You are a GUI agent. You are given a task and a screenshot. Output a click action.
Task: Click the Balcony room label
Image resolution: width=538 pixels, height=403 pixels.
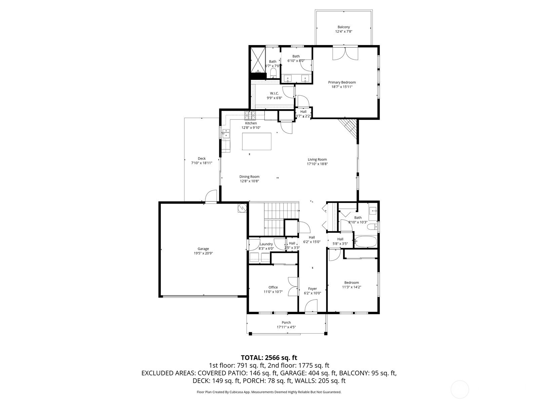click(x=344, y=27)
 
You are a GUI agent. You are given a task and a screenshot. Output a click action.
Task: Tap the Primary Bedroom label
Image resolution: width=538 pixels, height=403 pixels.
click(x=342, y=82)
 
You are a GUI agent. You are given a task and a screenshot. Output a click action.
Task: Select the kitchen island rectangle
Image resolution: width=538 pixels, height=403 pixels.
click(x=257, y=141)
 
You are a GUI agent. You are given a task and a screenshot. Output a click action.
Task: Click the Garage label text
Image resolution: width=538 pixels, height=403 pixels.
click(x=203, y=249)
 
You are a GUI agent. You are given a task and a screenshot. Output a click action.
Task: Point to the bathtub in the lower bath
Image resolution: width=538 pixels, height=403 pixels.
click(x=366, y=241)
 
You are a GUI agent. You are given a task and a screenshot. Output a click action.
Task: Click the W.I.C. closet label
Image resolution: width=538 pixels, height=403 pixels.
click(x=274, y=93)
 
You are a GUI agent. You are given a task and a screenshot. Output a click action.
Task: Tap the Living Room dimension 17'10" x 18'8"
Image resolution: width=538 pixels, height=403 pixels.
click(x=317, y=164)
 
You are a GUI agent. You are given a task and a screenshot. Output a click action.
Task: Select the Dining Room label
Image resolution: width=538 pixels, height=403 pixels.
click(x=249, y=177)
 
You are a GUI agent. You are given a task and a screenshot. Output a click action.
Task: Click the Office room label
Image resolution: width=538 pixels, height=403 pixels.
click(x=273, y=287)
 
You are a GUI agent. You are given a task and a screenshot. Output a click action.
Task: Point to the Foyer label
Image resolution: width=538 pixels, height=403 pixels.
click(x=312, y=289)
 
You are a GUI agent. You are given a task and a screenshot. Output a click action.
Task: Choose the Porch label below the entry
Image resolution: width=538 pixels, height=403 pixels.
click(x=286, y=322)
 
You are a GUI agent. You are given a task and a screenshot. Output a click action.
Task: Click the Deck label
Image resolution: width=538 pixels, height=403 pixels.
click(x=202, y=159)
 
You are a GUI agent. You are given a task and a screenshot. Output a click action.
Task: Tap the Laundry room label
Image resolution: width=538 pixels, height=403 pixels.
click(x=266, y=244)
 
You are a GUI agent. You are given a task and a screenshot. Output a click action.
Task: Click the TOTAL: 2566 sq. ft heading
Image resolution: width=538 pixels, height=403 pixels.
click(x=269, y=358)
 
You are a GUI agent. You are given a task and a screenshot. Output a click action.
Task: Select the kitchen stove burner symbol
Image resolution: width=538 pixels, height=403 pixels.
click(x=250, y=114)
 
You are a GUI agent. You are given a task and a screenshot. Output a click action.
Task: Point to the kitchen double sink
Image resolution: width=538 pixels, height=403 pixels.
click(x=226, y=134)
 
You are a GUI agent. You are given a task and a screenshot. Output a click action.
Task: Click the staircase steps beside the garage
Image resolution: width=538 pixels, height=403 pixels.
click(x=274, y=219)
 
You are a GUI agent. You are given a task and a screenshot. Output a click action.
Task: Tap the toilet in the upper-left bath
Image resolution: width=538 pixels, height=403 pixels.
click(x=273, y=73)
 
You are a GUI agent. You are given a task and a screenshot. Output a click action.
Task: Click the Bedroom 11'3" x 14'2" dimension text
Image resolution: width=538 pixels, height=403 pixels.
click(x=351, y=287)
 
